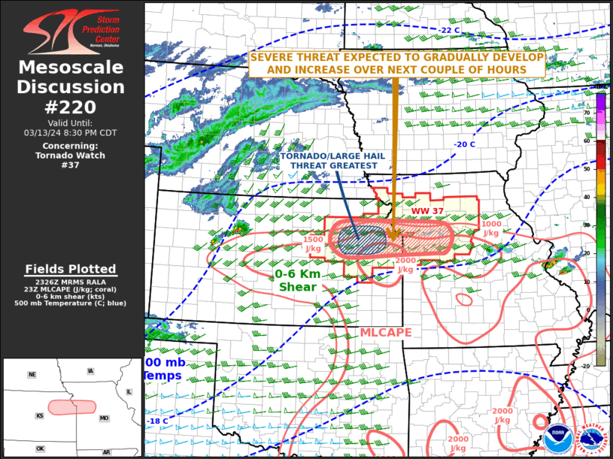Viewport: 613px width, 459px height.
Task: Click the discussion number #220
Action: (71, 107)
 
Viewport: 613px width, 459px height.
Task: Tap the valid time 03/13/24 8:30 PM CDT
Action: (71, 133)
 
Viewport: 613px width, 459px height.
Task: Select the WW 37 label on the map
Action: (425, 211)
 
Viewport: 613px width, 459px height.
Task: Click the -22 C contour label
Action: (450, 30)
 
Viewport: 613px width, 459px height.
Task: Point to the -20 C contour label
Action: (464, 145)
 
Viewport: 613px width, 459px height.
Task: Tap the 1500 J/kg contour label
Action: (314, 243)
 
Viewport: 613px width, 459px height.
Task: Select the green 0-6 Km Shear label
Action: (299, 280)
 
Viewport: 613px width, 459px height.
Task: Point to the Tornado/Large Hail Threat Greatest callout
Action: (328, 162)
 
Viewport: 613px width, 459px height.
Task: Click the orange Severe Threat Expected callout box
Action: (398, 64)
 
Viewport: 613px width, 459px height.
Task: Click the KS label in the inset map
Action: (39, 415)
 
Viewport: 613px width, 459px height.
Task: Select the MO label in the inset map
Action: (105, 418)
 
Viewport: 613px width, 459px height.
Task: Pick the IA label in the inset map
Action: (91, 371)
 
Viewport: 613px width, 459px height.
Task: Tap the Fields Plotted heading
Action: (71, 269)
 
